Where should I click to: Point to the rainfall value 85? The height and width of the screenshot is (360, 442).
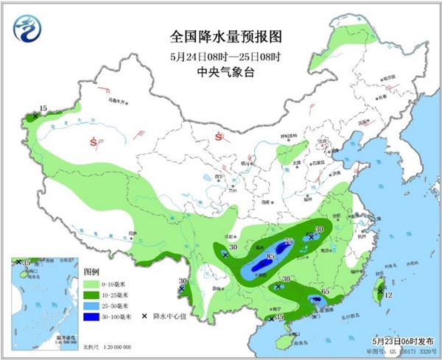click(270, 256)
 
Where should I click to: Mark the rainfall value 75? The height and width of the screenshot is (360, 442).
click(289, 241)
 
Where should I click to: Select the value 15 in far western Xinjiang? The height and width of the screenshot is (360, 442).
click(43, 109)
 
